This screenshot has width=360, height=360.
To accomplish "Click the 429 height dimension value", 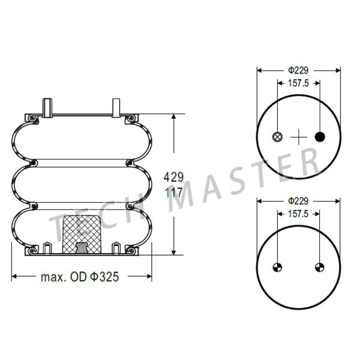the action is tap(173, 177).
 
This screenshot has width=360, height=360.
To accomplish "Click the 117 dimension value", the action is tap(174, 193).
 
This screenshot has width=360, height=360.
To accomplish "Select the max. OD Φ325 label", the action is tap(80, 277).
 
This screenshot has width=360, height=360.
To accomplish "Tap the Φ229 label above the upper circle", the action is tap(298, 70).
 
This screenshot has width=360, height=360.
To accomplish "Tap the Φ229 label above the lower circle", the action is tap(298, 201).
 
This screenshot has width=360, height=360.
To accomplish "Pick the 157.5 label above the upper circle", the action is tap(298, 83).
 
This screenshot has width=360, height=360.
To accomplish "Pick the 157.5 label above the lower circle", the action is tap(298, 214).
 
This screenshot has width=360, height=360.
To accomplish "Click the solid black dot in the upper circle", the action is tap(320, 137).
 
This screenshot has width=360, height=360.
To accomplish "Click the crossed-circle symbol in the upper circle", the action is tap(277, 137).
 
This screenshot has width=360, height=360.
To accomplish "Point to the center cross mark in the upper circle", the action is tap(298, 137).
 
